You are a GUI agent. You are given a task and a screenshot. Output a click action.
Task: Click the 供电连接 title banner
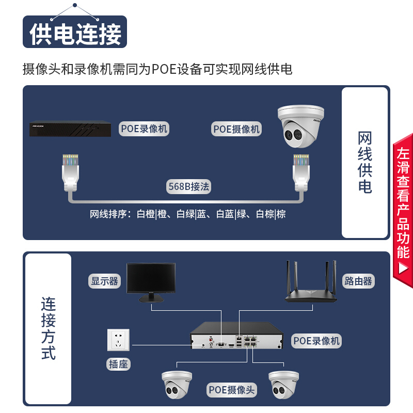click(x=75, y=32)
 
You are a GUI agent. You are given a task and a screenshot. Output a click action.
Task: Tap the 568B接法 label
click(x=188, y=186)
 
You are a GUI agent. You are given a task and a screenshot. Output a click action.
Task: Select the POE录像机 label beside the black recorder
click(x=144, y=129)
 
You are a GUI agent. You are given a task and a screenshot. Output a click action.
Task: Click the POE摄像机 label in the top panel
click(x=236, y=129)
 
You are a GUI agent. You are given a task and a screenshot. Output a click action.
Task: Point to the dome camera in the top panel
click(x=301, y=126)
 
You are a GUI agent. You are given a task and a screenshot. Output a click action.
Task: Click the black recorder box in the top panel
click(x=70, y=129)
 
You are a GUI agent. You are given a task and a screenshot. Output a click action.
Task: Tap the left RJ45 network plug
click(x=70, y=172)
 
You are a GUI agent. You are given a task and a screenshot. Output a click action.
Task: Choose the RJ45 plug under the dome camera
click(x=301, y=172)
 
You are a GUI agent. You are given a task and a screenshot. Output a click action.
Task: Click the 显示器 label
click(x=104, y=281)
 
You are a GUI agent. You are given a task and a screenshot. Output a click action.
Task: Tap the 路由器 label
click(x=358, y=281)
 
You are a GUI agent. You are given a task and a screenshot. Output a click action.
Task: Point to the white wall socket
click(x=118, y=340)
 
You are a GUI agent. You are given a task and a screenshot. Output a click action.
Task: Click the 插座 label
click(x=118, y=364)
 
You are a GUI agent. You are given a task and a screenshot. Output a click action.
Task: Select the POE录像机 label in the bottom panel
click(x=316, y=341)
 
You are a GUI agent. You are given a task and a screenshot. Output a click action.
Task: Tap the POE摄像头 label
click(x=231, y=390)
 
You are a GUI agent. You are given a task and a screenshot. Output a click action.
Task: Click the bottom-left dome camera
click(x=177, y=385)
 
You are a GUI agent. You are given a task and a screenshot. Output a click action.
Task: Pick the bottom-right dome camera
click(x=283, y=385)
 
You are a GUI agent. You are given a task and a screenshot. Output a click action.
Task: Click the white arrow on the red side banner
click(x=403, y=268)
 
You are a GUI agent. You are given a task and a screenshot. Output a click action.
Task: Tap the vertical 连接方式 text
click(x=48, y=328)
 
